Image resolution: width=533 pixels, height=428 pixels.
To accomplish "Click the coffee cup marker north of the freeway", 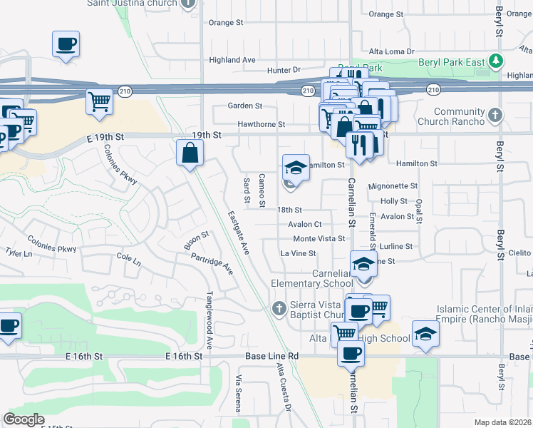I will (x=66, y=44).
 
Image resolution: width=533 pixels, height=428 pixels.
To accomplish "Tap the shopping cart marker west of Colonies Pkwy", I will (x=22, y=121).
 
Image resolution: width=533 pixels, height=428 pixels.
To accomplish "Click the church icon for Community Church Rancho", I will (x=495, y=114).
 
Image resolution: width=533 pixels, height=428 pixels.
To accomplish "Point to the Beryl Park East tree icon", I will (x=496, y=62).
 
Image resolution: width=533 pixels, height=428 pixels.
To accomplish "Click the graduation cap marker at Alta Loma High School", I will (x=425, y=334).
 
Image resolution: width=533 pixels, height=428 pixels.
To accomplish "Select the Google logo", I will (x=24, y=419).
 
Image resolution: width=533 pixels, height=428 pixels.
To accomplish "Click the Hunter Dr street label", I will (x=284, y=70).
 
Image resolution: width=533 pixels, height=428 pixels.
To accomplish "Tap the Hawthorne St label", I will (x=262, y=123).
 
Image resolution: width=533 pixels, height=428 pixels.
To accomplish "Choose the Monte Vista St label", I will (x=319, y=238).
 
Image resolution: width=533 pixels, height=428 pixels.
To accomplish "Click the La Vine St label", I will (x=298, y=253).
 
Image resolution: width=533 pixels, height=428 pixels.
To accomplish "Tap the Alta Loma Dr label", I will (x=391, y=51).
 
